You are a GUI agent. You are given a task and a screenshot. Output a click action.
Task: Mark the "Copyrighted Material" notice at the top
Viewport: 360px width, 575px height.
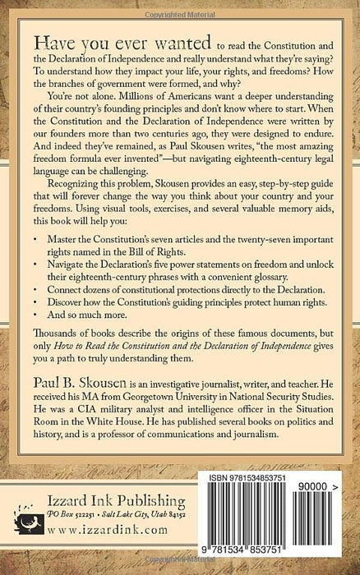coord(180,5)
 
